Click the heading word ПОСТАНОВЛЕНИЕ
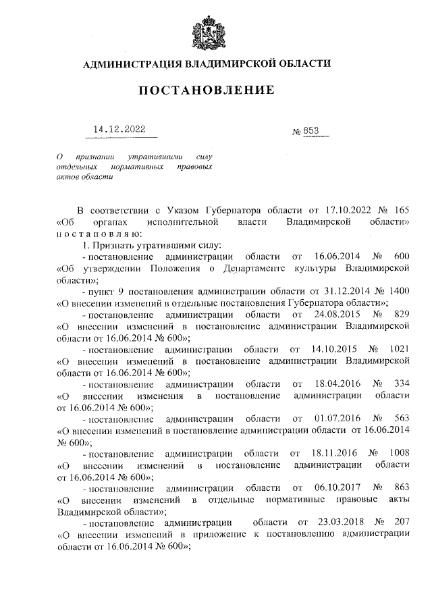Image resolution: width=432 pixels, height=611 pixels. [207, 90]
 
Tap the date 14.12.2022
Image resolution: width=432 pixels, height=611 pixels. [119, 129]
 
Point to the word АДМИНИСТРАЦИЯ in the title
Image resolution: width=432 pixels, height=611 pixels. [124, 64]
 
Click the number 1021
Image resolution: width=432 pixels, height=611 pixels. [398, 350]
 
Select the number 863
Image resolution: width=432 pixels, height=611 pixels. [400, 487]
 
